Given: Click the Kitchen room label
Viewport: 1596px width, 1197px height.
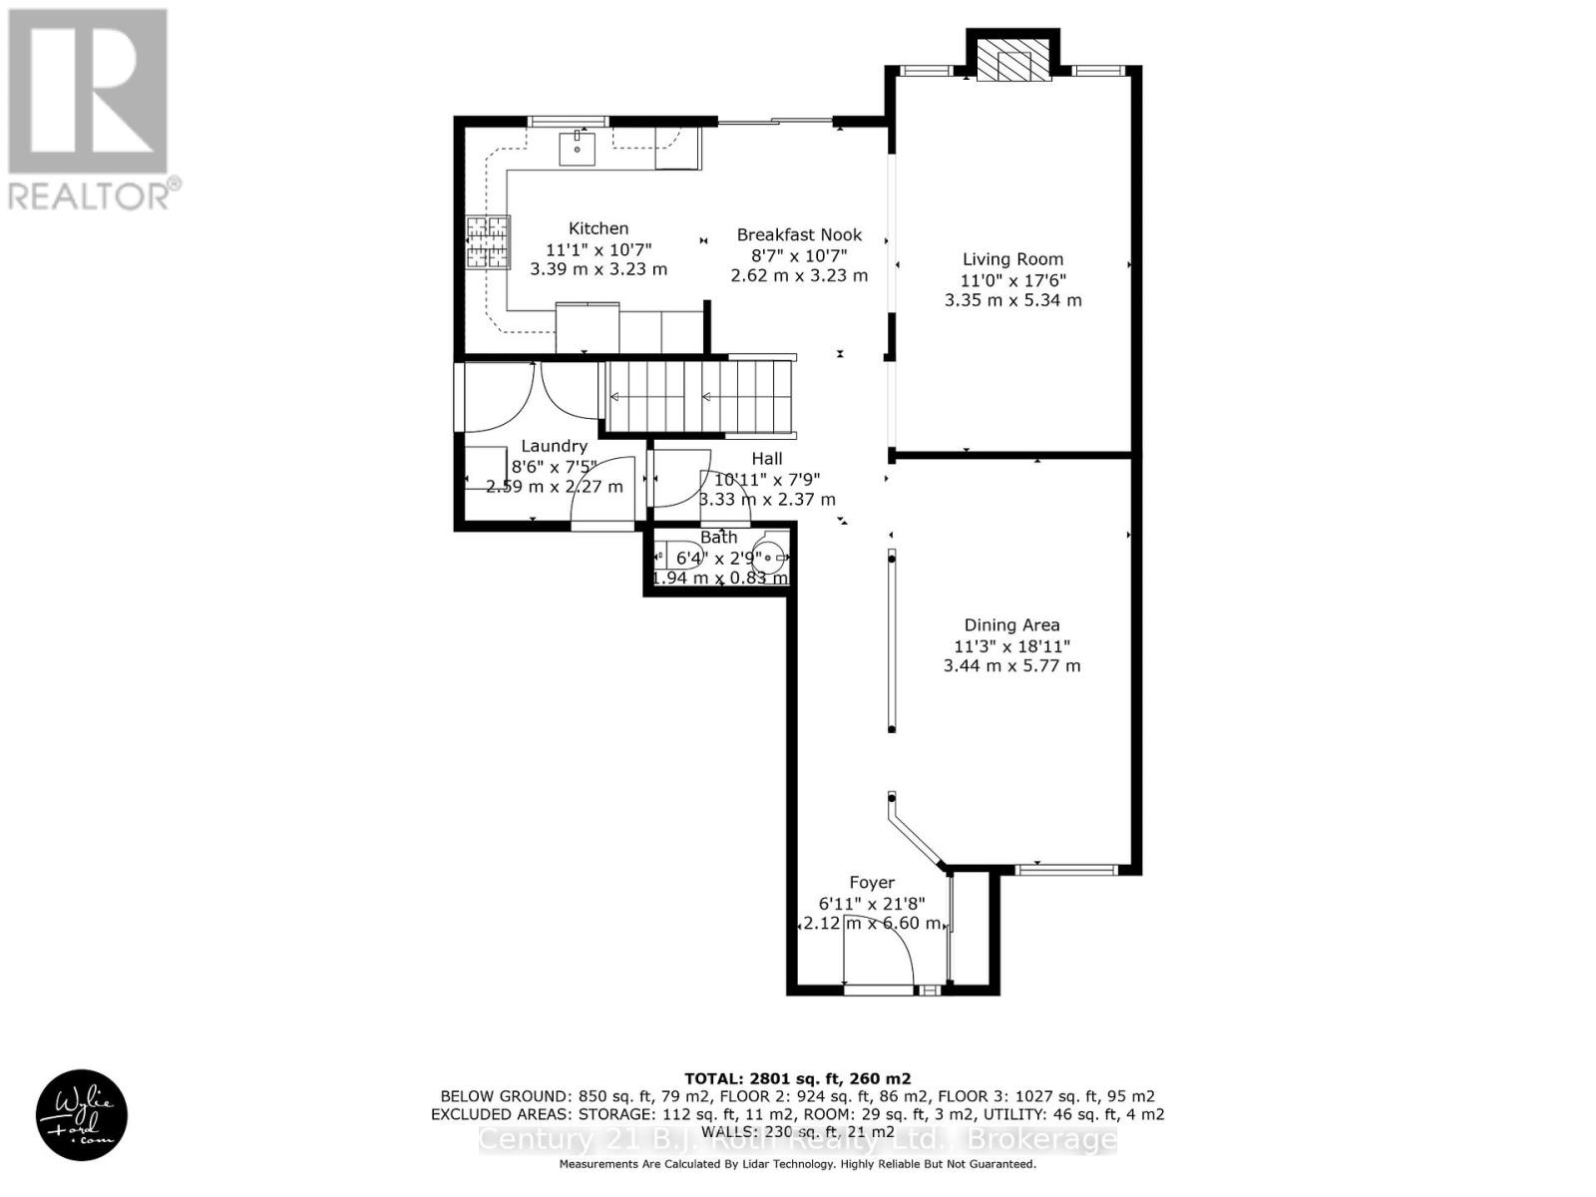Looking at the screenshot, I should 598,228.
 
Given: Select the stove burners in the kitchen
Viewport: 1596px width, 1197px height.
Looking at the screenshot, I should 488,242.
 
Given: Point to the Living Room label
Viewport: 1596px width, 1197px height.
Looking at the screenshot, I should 1012,259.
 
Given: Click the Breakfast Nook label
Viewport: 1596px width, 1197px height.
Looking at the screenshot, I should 799,235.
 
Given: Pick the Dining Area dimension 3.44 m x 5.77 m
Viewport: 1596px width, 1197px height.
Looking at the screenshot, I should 1011,665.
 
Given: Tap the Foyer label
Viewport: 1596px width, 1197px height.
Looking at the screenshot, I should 871,883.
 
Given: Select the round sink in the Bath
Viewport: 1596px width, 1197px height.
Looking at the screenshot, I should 769,558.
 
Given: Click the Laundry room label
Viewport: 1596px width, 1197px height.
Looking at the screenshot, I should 554,446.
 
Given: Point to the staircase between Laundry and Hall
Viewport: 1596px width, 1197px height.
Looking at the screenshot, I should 698,397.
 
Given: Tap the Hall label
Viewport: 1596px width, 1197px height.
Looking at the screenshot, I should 766,459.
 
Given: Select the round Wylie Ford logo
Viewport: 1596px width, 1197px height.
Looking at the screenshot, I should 82,1116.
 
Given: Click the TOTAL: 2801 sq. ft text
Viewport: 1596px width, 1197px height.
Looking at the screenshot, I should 797,1078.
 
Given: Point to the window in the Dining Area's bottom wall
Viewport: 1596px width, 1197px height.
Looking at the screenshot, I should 1065,870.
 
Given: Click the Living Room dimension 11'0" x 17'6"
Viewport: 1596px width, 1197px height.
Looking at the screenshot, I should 1012,280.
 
